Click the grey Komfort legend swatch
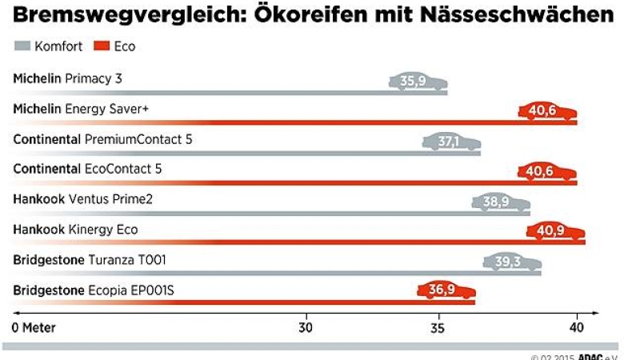22,46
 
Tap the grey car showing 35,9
418,81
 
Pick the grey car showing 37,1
451,142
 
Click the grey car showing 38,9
500,202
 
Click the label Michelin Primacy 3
67,78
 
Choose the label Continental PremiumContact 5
102,139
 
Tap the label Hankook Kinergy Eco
75,230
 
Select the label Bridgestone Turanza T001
90,260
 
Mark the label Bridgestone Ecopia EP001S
93,290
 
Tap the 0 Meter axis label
35,328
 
